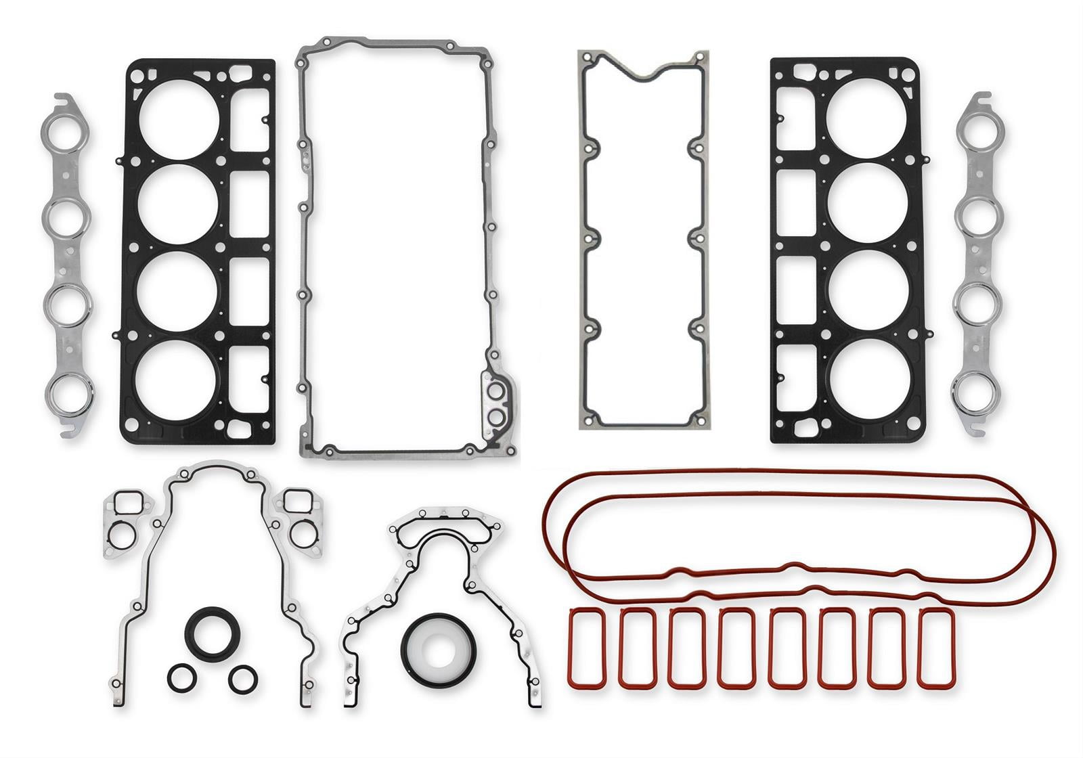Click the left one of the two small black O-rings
tap(183, 677)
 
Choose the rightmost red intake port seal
tap(937, 647)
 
